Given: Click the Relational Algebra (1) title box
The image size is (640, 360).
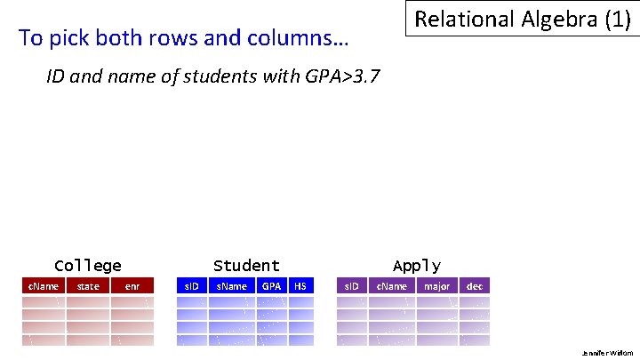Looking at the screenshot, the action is (523, 20).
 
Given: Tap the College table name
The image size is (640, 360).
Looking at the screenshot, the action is (88, 266).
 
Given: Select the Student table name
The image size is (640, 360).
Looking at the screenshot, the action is (246, 266).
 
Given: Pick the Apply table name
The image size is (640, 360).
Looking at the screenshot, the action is (416, 266).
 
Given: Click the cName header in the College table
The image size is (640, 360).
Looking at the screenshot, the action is (44, 286).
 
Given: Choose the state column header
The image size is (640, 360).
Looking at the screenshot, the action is (88, 286).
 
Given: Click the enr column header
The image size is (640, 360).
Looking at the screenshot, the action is (132, 286).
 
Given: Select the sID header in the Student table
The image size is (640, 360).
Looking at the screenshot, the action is (191, 286).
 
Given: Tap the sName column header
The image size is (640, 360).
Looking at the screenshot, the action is (232, 286).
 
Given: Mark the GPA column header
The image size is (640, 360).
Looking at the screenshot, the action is (272, 286).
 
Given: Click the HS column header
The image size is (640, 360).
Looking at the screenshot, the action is (300, 286).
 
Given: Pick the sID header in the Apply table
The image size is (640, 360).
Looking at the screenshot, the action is (351, 286).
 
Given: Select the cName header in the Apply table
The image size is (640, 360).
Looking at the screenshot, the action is (392, 286).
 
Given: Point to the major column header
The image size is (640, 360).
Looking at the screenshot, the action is (437, 286).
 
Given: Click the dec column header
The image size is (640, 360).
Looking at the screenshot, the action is (475, 286).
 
